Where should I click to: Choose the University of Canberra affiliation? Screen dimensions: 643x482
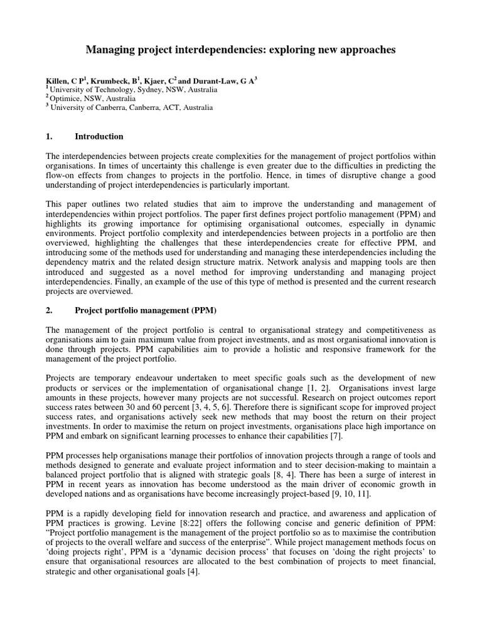pos(131,107)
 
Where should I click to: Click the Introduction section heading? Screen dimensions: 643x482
pos(99,136)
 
